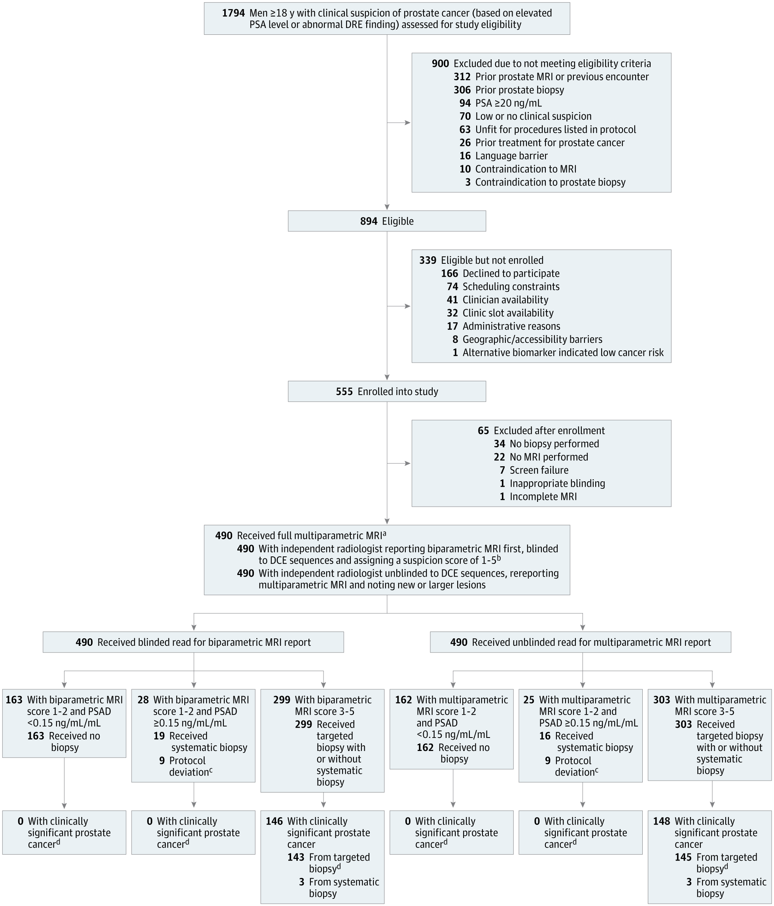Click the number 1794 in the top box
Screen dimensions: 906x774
click(233, 13)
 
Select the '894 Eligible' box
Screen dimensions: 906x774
click(386, 221)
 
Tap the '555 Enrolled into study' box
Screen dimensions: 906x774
click(386, 392)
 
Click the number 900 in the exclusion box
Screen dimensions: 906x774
click(440, 64)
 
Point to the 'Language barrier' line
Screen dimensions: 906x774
click(511, 156)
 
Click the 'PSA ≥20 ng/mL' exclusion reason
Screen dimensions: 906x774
click(508, 103)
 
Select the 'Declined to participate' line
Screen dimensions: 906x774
click(511, 274)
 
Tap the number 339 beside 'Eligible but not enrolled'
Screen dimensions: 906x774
click(428, 261)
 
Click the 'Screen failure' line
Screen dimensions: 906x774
click(539, 471)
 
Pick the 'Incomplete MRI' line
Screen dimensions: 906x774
click(543, 497)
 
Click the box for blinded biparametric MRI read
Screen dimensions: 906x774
click(193, 642)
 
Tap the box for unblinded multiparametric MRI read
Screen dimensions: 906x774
click(580, 642)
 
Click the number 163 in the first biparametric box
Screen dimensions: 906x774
click(14, 700)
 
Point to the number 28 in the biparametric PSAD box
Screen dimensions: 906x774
click(143, 700)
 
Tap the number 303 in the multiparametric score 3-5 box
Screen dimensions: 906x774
click(662, 700)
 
